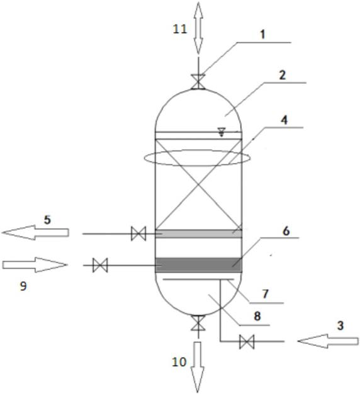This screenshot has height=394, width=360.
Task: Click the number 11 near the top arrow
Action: coord(180,29)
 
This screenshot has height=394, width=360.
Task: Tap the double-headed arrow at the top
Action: coord(198,28)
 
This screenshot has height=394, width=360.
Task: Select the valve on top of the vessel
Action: coord(198,82)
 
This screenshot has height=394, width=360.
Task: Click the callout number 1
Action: coord(262,35)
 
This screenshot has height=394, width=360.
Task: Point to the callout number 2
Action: coord(283,75)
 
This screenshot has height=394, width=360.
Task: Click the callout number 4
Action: coord(284,120)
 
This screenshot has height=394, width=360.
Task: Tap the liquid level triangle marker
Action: coord(222,132)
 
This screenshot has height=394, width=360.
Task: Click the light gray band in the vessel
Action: coord(198,234)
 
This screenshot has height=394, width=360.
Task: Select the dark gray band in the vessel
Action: coord(198,265)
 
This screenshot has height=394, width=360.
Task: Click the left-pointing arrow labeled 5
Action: coord(35,232)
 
